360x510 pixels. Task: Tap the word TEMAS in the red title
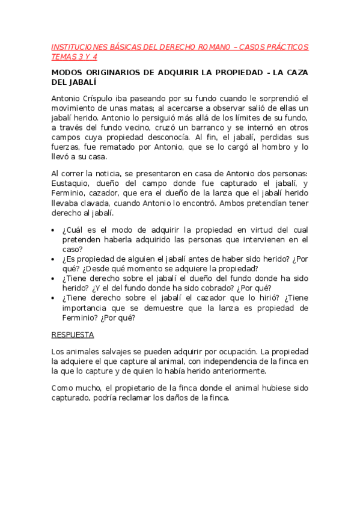point(65,57)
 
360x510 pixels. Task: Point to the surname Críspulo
point(99,98)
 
